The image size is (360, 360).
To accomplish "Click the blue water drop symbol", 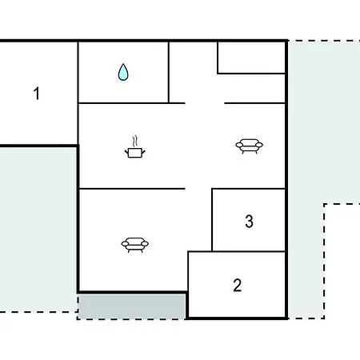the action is tap(123, 72).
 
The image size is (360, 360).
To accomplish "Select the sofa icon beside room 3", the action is tap(249, 146).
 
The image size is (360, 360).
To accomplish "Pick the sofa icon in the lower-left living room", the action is tap(135, 245).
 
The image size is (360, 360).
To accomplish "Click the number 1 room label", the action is tap(37, 94).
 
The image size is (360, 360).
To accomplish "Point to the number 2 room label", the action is tap(238, 286).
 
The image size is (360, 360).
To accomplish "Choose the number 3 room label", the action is tap(249, 222).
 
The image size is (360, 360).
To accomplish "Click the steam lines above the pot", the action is tap(135, 141).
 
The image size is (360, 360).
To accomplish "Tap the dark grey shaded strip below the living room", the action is tap(132, 306).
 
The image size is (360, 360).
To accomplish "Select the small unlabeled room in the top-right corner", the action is tap(251, 57).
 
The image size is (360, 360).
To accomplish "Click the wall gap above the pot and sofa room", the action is tap(205, 103).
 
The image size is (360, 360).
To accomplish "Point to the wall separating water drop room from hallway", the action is tap(169, 72).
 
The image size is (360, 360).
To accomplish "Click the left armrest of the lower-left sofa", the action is tap(125, 244).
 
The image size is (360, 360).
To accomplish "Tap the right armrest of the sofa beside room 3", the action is tap(259, 145).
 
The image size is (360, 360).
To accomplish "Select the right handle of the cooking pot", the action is tap(143, 153).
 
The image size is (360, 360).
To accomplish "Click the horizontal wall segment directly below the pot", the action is tap(132, 189).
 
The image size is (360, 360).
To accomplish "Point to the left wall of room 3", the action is tap(212, 220).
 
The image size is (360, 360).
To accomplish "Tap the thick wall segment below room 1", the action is tap(39, 146).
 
